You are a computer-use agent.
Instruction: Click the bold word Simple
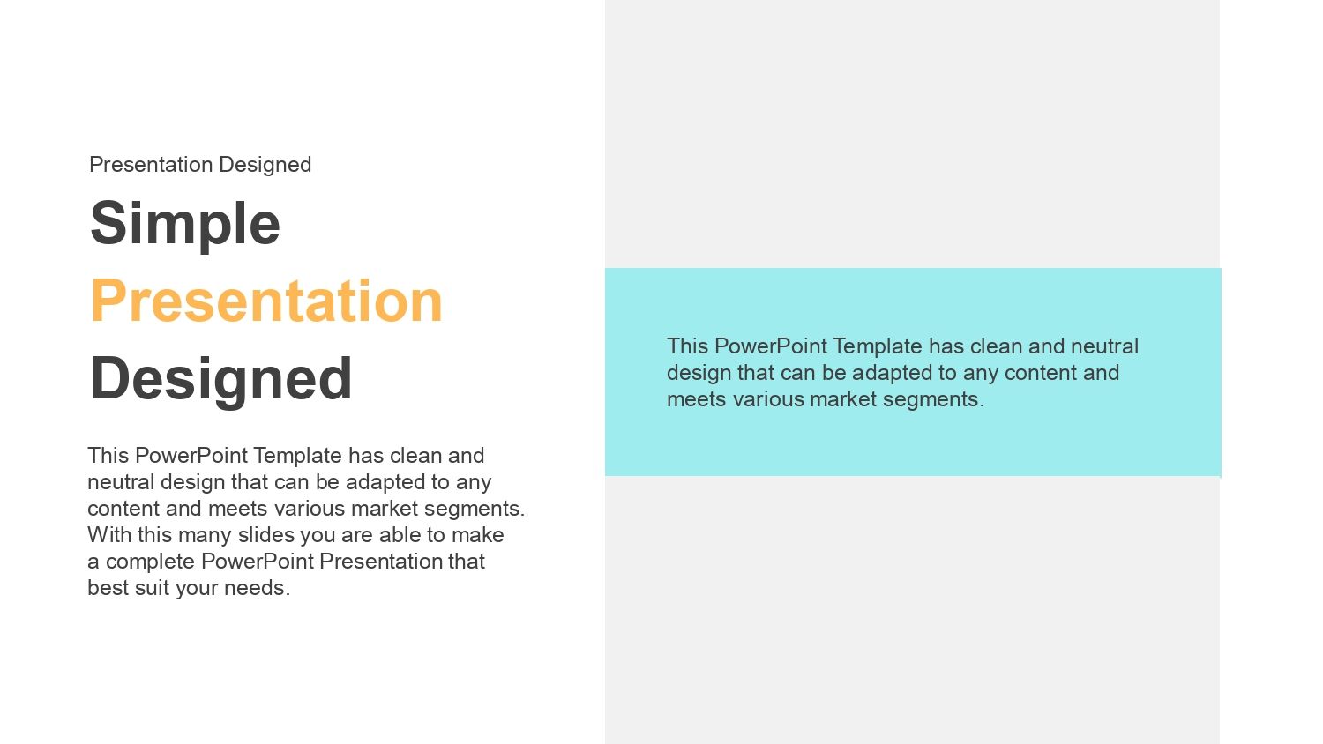coord(185,225)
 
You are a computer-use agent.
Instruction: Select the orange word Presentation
coord(266,301)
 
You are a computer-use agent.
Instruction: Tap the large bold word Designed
coord(220,380)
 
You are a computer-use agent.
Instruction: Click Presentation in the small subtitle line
coord(151,164)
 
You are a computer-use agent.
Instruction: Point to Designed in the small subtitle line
coord(265,165)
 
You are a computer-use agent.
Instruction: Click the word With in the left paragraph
coord(109,534)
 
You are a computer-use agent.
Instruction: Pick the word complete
coord(150,562)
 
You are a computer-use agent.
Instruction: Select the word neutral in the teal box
coord(1104,346)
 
